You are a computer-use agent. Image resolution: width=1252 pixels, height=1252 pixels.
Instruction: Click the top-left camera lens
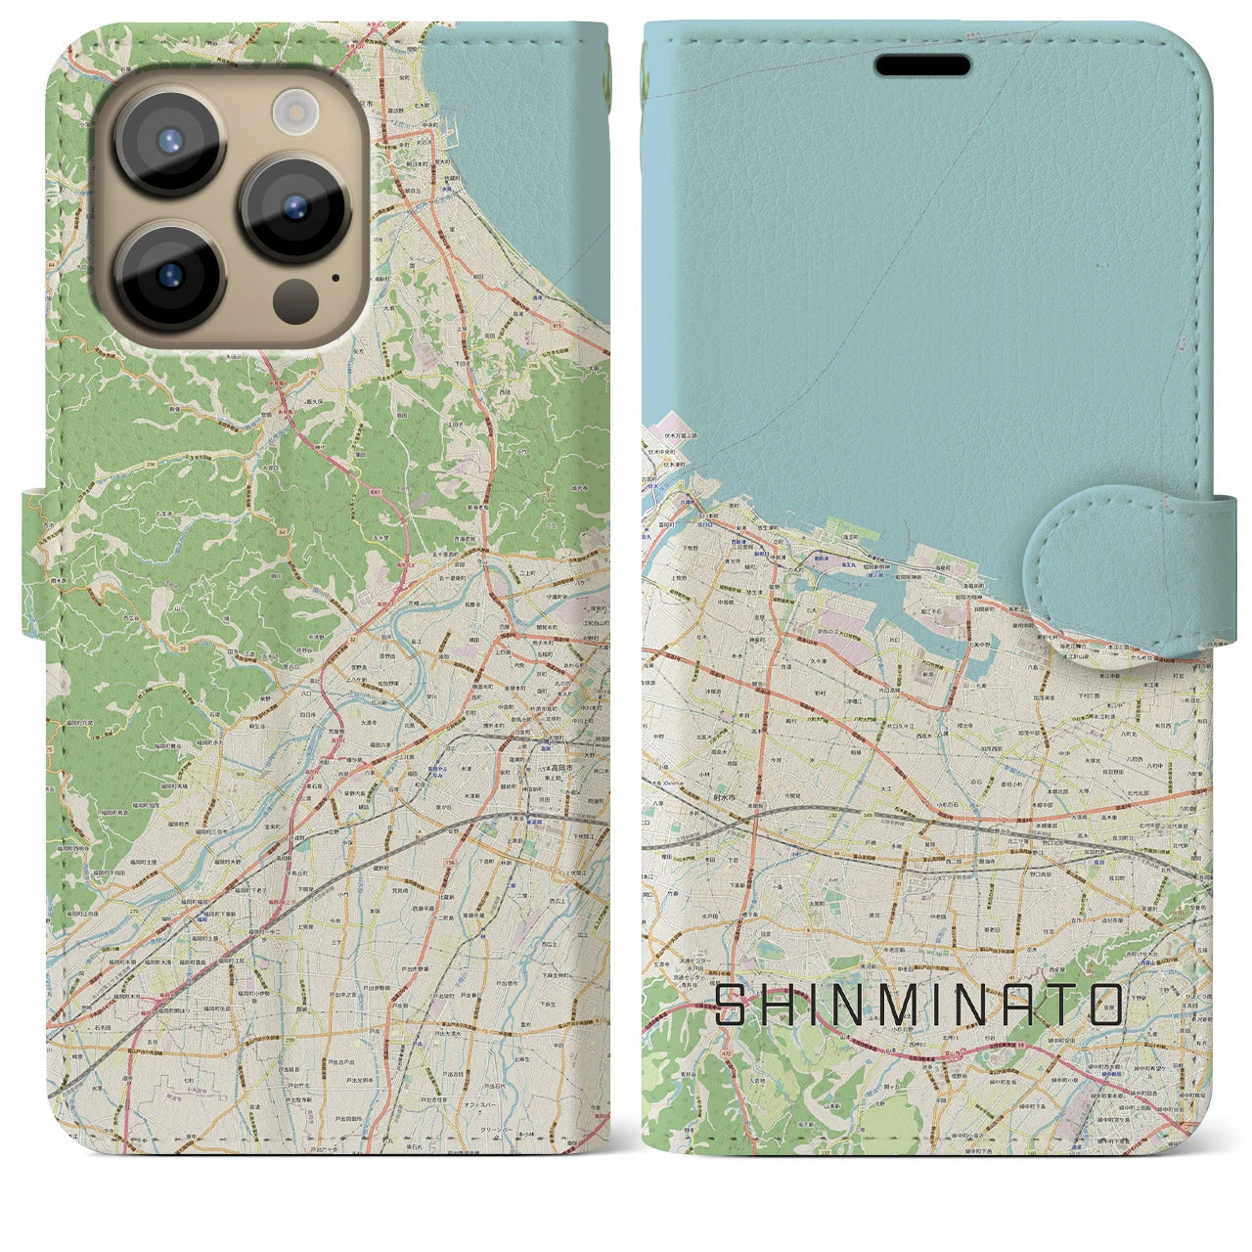coord(170,139)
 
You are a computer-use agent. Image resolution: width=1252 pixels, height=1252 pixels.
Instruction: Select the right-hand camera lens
coord(295,207)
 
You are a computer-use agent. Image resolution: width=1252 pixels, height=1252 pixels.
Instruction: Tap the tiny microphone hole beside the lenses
coord(336,277)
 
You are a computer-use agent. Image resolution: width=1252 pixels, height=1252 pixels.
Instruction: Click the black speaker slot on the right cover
coord(922,66)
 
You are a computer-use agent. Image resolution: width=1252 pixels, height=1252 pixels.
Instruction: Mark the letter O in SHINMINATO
coord(1105,1005)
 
